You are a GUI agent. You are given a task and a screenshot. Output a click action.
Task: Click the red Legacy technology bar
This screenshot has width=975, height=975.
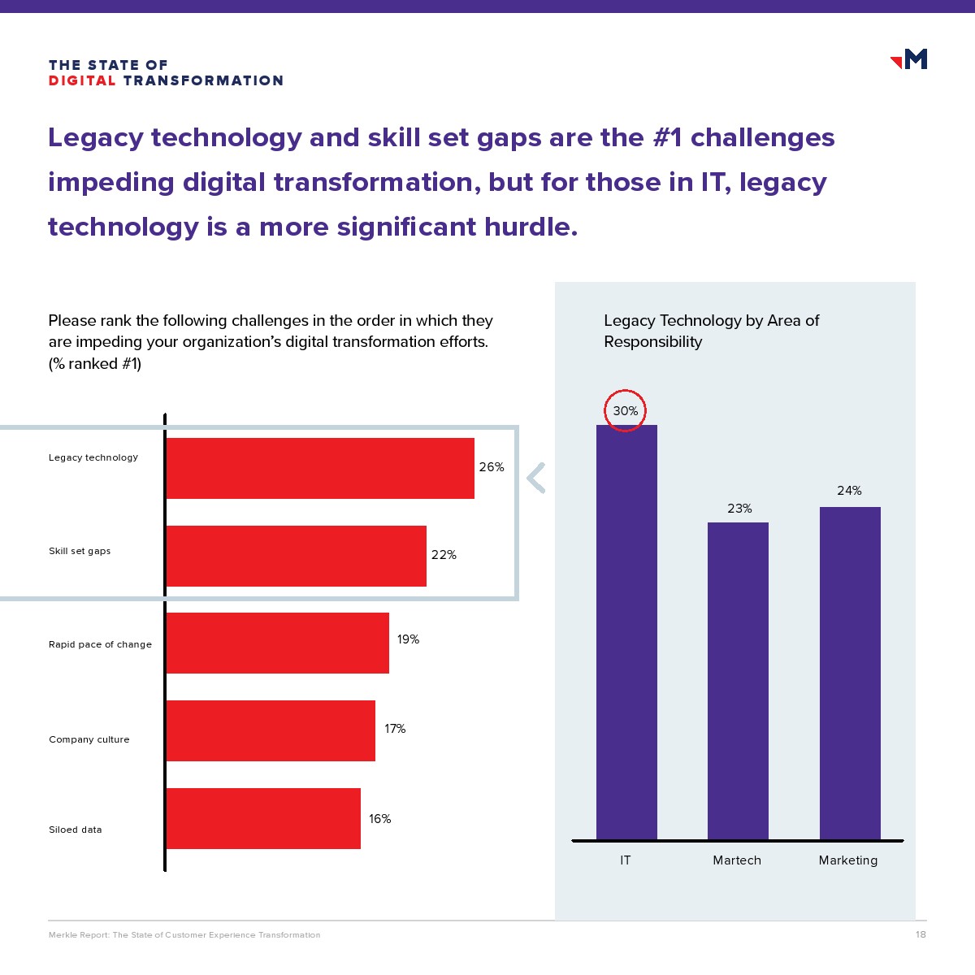coord(320,468)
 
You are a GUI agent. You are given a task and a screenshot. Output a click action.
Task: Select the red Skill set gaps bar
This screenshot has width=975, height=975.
coord(297,556)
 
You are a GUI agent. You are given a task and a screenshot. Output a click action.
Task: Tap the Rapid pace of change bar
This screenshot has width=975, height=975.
coord(278,643)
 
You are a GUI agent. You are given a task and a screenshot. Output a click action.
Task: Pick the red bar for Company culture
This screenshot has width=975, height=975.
coord(271,730)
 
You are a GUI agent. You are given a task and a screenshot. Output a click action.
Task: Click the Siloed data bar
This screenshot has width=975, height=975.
coord(263,818)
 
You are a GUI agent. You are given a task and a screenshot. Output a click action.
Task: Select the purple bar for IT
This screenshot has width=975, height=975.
coord(626,632)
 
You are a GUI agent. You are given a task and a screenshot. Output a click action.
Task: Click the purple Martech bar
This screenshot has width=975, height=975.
coord(738,681)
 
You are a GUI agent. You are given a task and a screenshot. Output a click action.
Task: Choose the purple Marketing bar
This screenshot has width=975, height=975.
coord(850,673)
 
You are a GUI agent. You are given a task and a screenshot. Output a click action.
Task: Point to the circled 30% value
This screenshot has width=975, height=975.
coord(625,411)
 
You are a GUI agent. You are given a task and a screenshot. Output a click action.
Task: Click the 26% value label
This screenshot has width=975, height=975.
coord(492,467)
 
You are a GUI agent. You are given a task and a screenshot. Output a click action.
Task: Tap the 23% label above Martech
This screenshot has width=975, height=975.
coord(739,509)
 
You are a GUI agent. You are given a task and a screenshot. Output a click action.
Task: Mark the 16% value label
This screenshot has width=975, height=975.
coord(379,819)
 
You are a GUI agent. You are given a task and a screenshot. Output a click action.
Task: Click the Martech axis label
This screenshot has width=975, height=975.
coord(737,860)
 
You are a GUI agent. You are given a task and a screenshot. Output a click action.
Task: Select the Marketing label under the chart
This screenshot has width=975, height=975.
coord(848,860)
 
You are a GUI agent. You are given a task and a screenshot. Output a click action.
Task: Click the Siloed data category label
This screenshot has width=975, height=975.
coord(76,830)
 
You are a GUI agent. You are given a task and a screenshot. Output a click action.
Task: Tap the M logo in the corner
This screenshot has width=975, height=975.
coord(910,59)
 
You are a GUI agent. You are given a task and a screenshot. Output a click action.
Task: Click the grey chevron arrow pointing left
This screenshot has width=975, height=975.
coord(535,478)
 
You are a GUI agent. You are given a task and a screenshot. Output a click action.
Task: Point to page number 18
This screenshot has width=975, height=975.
coord(921,934)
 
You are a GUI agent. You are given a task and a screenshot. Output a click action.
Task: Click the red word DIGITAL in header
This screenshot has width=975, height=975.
coord(82,80)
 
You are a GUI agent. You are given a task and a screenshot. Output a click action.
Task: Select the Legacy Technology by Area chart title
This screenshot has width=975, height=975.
coord(711,331)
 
